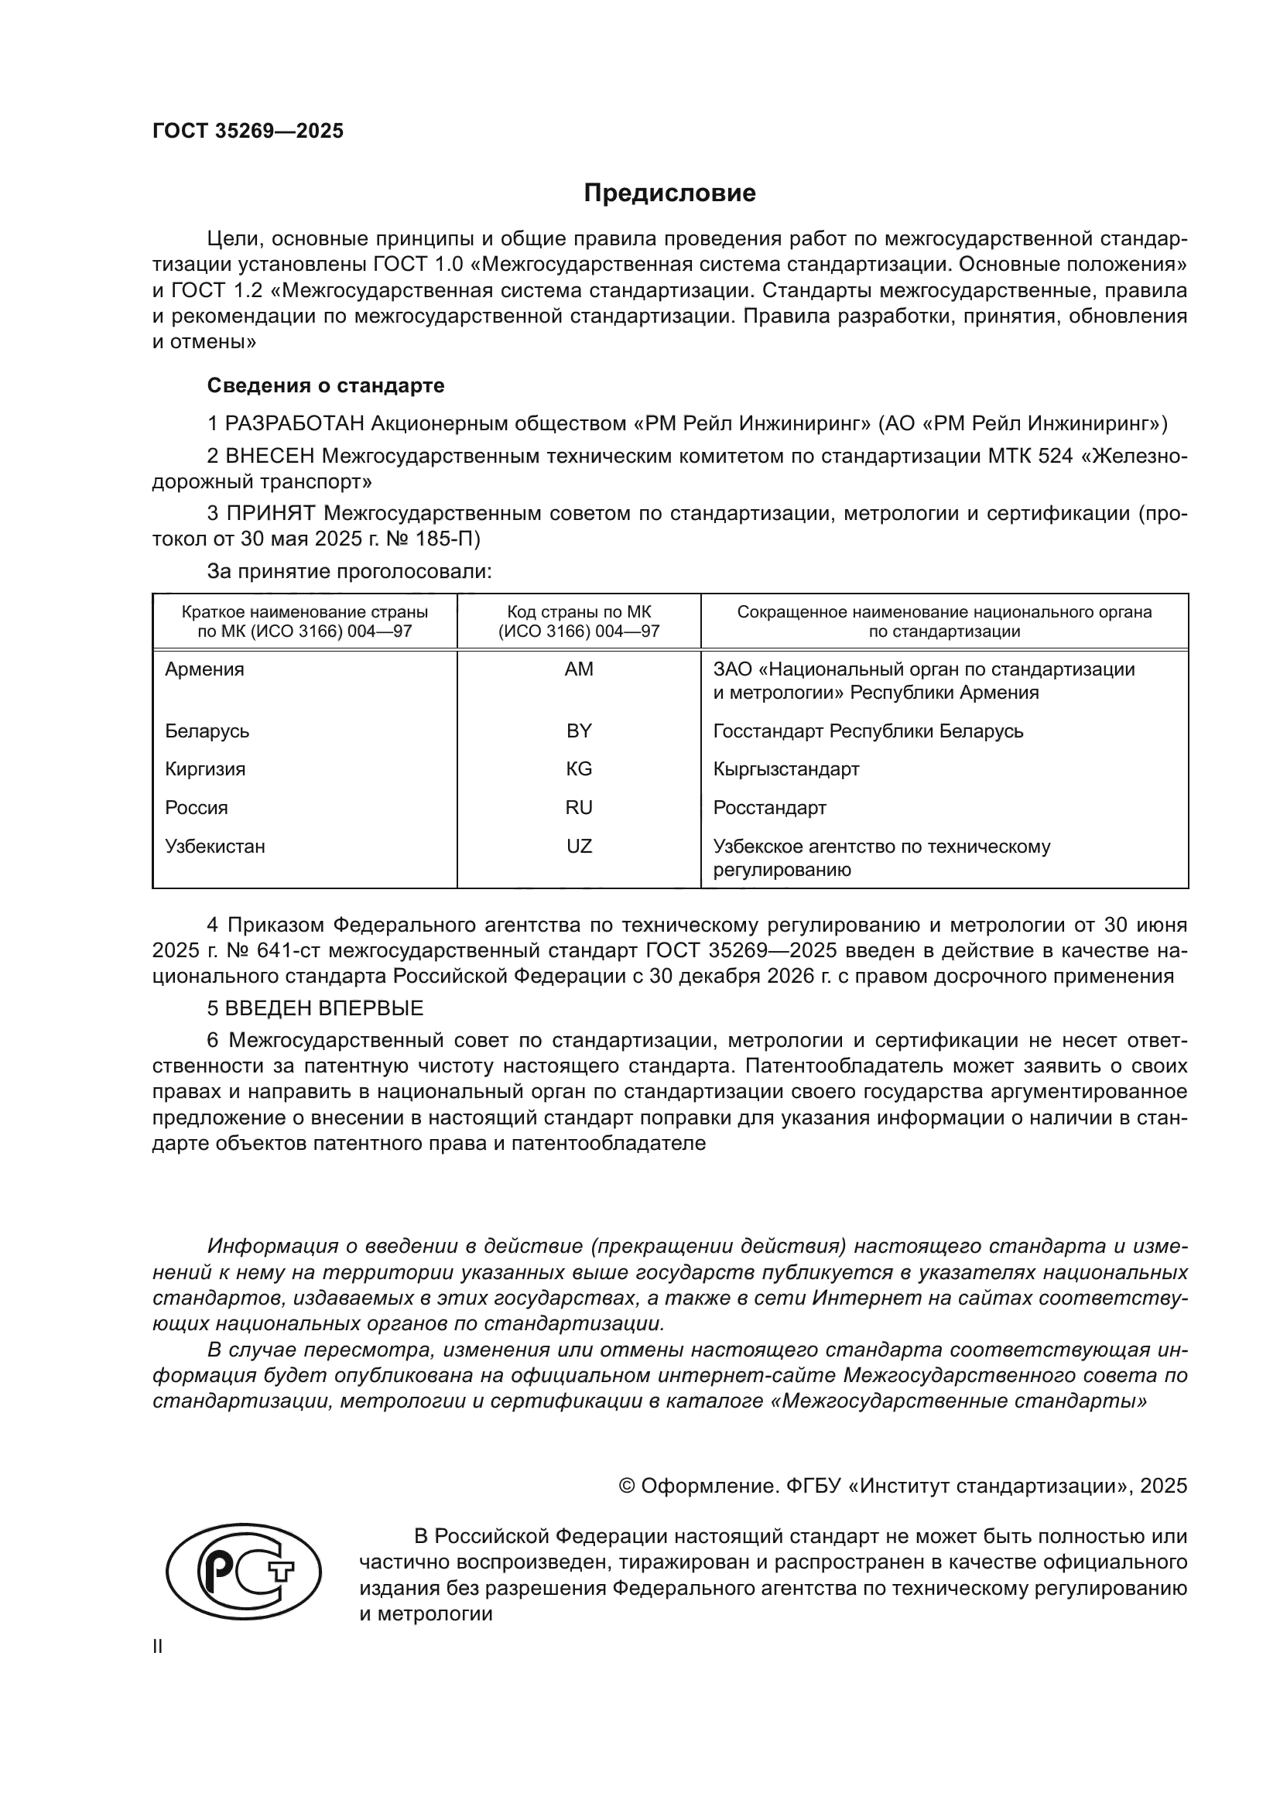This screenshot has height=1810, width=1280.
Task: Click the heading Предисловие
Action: [x=669, y=193]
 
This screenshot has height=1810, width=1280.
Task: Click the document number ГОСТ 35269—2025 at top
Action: [x=248, y=132]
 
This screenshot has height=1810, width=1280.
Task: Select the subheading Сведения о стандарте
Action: [x=326, y=385]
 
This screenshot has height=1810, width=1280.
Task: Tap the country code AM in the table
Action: [x=579, y=669]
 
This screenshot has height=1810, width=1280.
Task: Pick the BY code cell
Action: [x=579, y=731]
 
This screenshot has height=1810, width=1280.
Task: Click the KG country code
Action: [x=579, y=768]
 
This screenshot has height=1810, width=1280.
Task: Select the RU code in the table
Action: [x=579, y=807]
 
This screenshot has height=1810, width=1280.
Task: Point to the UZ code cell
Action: [x=579, y=846]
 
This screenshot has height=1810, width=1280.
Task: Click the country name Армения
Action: [x=204, y=669]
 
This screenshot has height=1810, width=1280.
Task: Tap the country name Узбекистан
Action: [x=214, y=846]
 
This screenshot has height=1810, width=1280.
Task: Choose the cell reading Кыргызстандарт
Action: [x=785, y=768]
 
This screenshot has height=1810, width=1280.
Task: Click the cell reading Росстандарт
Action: [x=769, y=807]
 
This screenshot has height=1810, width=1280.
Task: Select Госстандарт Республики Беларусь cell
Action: [x=868, y=731]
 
